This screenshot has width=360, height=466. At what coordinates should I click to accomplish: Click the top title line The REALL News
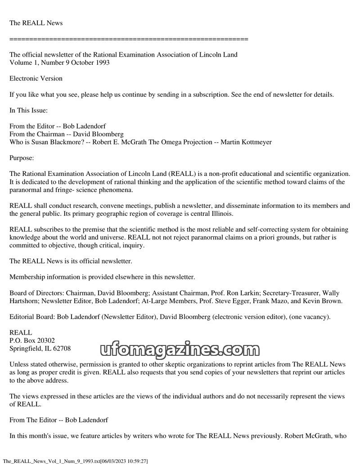[36, 23]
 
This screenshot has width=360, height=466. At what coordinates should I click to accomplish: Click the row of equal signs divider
[129, 39]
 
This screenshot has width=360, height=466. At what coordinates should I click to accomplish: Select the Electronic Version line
[36, 78]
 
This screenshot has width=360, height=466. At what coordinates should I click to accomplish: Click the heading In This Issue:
[28, 110]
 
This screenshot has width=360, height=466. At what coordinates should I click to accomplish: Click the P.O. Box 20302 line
[32, 341]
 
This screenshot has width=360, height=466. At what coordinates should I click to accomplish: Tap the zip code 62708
[61, 349]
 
